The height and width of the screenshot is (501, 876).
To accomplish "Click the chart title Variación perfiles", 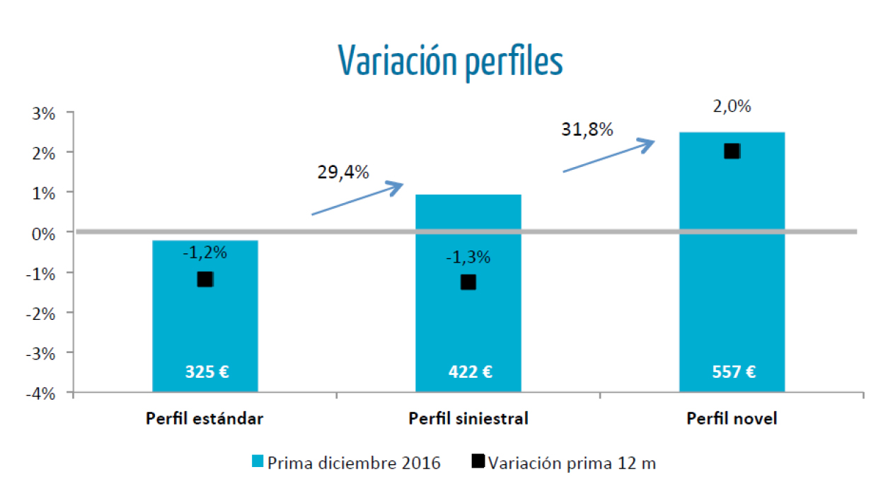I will (450, 61).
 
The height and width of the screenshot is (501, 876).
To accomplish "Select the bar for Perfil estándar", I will (205, 326).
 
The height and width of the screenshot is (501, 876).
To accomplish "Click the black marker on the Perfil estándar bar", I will (205, 280).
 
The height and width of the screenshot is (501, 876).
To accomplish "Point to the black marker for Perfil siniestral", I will (468, 282).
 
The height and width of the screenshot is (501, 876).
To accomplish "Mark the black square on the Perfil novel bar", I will (732, 151).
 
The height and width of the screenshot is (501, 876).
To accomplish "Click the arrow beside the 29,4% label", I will (357, 199).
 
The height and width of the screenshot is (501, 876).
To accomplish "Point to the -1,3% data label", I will (468, 258).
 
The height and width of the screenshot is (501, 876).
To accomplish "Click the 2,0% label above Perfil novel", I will (732, 108).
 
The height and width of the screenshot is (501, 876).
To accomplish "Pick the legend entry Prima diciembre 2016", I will (347, 463).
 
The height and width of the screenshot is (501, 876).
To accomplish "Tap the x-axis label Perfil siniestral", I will (468, 418).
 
